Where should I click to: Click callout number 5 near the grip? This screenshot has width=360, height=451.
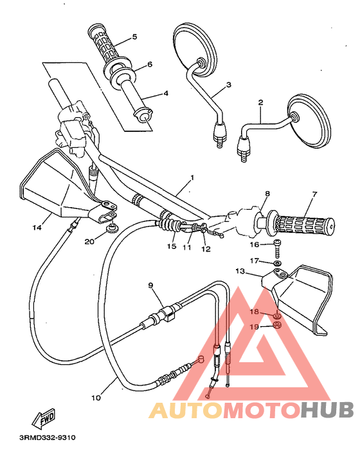pos(134,37)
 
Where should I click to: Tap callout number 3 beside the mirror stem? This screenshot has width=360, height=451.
pos(228,85)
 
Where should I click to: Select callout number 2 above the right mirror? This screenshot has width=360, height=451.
pos(260,102)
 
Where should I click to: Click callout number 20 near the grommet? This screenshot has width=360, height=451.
pos(90,241)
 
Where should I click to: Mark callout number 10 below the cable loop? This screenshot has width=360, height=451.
pos(95,398)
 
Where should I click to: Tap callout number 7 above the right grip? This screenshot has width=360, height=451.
pos(315,194)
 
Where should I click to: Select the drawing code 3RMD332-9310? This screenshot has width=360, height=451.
pos(48,438)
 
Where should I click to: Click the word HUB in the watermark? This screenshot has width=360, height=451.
pos(327,409)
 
